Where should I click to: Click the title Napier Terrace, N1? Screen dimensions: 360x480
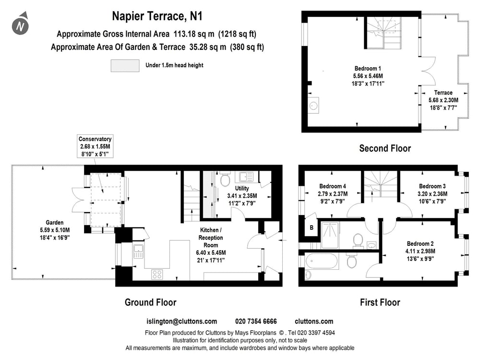tap(157, 16)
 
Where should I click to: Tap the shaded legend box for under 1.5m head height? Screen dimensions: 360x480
tap(125, 66)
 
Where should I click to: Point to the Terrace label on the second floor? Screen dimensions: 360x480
tap(443, 93)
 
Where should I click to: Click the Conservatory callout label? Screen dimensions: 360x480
tap(96, 139)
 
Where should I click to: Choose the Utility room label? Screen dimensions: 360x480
tap(241, 189)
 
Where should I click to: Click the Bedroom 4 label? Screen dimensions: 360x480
tap(333, 186)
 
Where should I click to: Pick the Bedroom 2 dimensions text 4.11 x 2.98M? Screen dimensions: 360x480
tap(420, 251)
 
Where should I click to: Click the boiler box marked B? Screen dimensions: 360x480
tap(311, 228)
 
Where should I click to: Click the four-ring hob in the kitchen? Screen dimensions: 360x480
tap(157, 274)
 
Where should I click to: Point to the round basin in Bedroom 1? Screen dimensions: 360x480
tap(314, 105)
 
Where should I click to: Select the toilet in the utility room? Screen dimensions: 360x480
tap(224, 180)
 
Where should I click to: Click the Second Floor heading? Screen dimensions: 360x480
tap(385, 148)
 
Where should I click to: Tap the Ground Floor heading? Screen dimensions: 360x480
tap(150, 302)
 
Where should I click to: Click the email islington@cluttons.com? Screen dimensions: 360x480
tap(181, 322)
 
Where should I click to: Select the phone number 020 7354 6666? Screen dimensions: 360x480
tap(256, 322)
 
